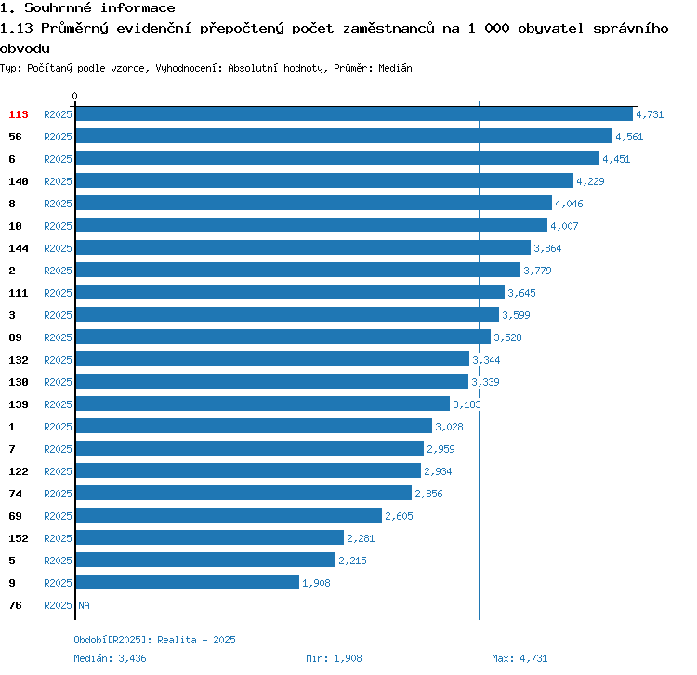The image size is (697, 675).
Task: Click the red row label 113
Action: click(x=19, y=114)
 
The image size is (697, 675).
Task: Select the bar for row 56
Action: click(x=344, y=137)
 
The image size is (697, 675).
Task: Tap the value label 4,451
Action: click(x=616, y=159)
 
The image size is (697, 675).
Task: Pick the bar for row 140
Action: click(x=324, y=181)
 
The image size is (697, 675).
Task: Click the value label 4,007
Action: click(x=564, y=226)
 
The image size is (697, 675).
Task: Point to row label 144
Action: click(x=19, y=248)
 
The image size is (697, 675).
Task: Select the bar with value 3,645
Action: click(x=290, y=293)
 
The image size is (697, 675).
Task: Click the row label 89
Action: click(x=16, y=337)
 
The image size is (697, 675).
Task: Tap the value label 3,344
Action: click(x=487, y=360)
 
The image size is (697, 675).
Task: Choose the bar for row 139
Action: click(x=263, y=404)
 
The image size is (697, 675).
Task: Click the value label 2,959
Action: click(x=441, y=449)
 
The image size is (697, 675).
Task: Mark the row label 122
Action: click(x=19, y=471)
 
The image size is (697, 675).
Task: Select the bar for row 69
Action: click(x=229, y=516)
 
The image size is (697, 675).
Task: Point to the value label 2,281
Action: click(x=361, y=538)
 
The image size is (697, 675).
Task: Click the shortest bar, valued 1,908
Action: click(x=188, y=583)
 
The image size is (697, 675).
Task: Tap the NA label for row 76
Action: click(x=84, y=605)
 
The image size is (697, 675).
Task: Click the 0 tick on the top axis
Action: click(x=75, y=96)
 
